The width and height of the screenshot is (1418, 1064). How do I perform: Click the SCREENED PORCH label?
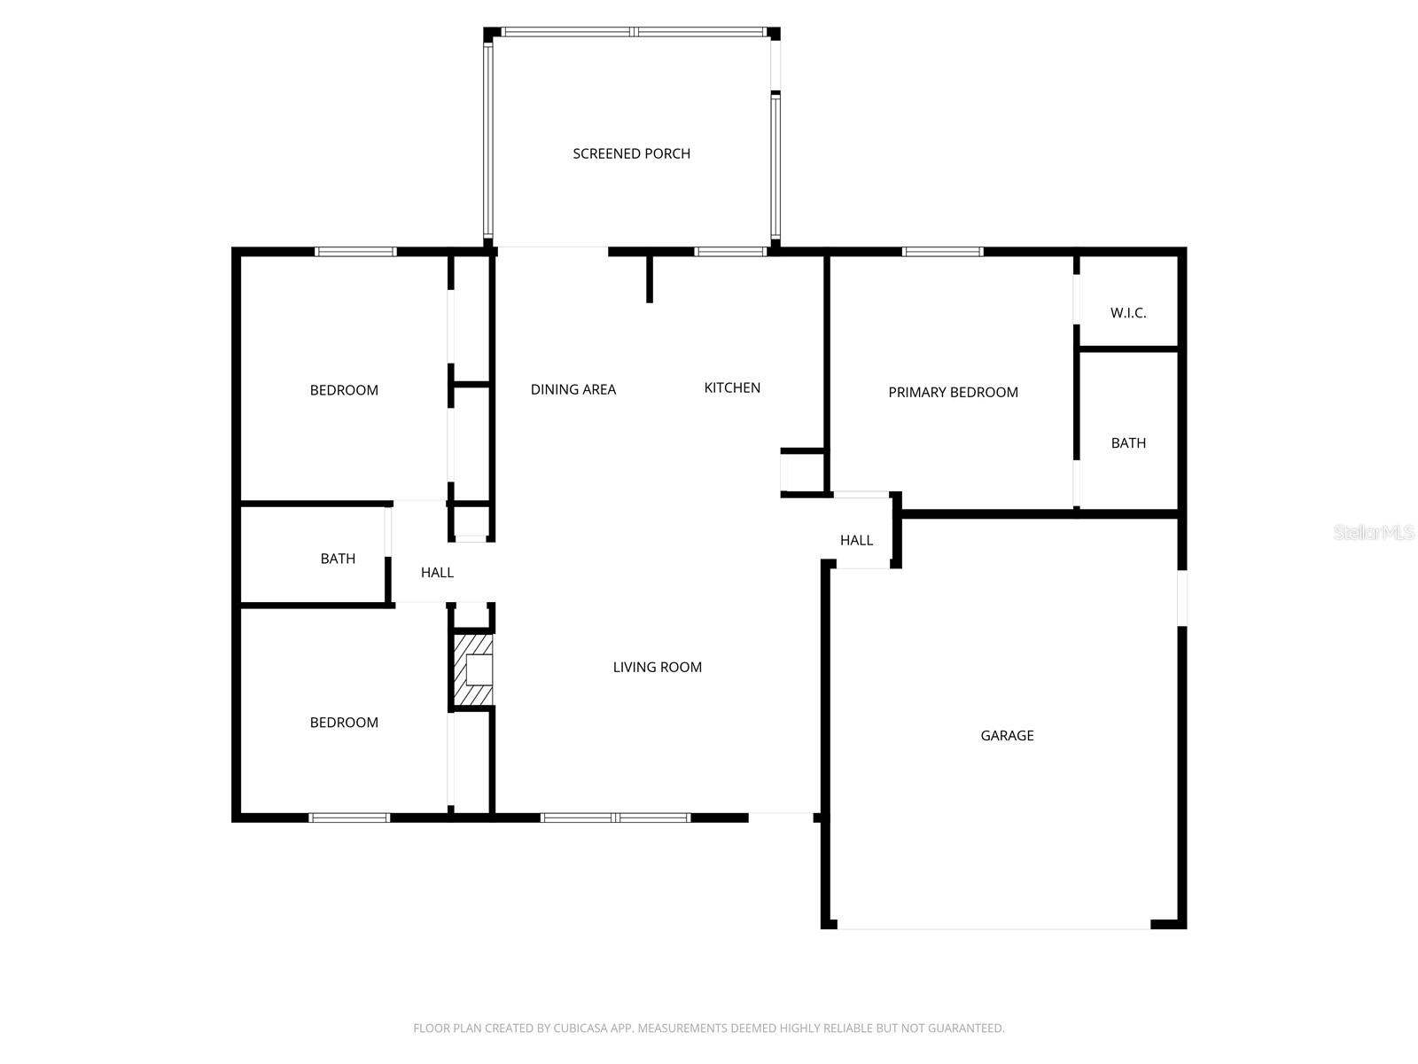click(x=631, y=153)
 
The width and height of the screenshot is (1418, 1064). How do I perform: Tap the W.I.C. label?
click(x=1128, y=313)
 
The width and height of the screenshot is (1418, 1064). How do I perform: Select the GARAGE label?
click(x=1007, y=735)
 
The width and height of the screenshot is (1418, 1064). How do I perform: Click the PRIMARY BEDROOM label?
click(x=953, y=392)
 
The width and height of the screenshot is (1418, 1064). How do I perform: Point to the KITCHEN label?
click(x=732, y=387)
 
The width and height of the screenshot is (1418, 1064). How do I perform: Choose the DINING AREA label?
click(x=573, y=389)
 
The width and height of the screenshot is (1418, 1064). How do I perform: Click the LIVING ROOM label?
click(x=657, y=667)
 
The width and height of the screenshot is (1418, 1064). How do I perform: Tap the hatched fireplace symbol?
click(x=472, y=669)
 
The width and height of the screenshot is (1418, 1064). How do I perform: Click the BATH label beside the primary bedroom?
click(x=1128, y=442)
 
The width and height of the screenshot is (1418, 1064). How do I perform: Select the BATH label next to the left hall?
click(x=338, y=559)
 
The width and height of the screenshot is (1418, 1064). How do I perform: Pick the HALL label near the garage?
click(x=856, y=540)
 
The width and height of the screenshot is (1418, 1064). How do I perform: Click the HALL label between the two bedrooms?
click(x=437, y=573)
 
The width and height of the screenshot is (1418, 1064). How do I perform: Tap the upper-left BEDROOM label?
click(x=344, y=390)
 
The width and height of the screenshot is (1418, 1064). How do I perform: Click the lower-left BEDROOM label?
click(x=344, y=723)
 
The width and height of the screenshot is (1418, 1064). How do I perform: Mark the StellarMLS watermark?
click(x=1374, y=533)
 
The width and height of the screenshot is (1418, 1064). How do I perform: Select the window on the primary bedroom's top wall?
click(x=942, y=252)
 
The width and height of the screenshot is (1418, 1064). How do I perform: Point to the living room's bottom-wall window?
click(x=615, y=818)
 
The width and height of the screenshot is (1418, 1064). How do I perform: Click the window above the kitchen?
click(x=730, y=252)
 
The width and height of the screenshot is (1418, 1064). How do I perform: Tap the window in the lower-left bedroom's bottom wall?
click(x=349, y=818)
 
